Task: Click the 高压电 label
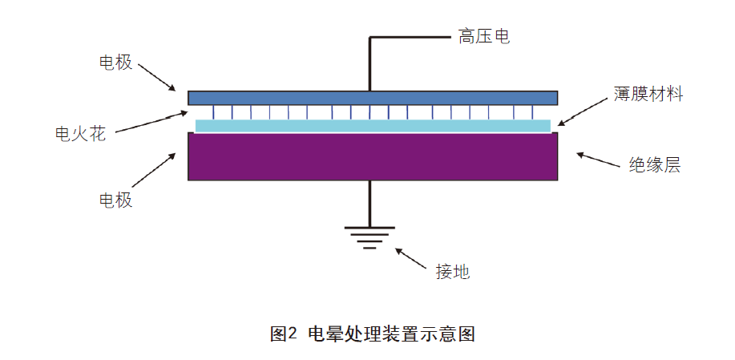tap(484, 36)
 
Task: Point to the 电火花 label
tap(80, 133)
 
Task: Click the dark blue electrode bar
tap(373, 97)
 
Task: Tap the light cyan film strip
tap(373, 126)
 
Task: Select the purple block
tap(373, 156)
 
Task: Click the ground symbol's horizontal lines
tap(370, 237)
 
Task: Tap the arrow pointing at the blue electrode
tap(156, 75)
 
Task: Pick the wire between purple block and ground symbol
tap(370, 204)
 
